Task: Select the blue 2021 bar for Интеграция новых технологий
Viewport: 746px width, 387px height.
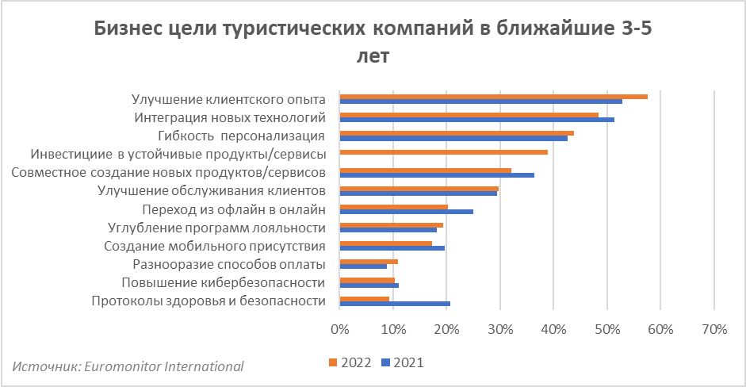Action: pyautogui.click(x=476, y=120)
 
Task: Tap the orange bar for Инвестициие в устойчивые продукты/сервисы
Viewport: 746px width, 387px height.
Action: pyautogui.click(x=443, y=151)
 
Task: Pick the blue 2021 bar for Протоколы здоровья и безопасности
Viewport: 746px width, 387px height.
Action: pyautogui.click(x=395, y=303)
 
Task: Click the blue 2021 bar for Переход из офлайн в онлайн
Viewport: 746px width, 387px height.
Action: pyautogui.click(x=406, y=212)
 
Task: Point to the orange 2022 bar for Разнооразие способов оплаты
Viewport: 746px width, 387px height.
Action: pyautogui.click(x=369, y=261)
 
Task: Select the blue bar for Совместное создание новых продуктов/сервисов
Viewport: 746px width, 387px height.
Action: pyautogui.click(x=437, y=174)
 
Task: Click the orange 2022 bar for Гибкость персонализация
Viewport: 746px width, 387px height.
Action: pyautogui.click(x=457, y=133)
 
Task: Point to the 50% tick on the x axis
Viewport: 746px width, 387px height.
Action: pyautogui.click(x=607, y=329)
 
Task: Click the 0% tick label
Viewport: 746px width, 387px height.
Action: pyautogui.click(x=339, y=329)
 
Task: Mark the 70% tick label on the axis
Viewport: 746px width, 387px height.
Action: pyautogui.click(x=714, y=329)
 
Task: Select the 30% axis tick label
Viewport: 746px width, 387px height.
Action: pyautogui.click(x=500, y=329)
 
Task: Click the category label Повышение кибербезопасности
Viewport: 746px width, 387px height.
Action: pyautogui.click(x=224, y=282)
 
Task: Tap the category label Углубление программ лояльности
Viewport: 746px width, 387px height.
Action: pyautogui.click(x=216, y=228)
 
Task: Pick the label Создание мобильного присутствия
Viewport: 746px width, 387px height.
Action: pyautogui.click(x=215, y=246)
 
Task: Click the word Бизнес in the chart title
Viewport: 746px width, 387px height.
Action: pyautogui.click(x=128, y=29)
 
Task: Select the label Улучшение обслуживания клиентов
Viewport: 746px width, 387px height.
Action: pyautogui.click(x=212, y=191)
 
